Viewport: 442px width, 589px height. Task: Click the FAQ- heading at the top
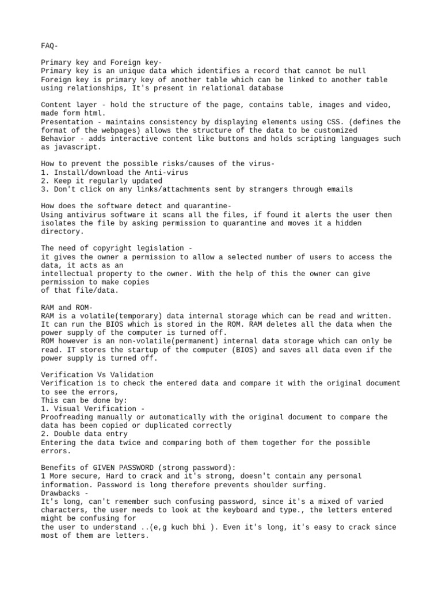(49, 45)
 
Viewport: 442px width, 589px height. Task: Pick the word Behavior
(58, 139)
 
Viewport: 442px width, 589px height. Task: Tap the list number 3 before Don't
(44, 189)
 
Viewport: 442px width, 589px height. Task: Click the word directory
(63, 232)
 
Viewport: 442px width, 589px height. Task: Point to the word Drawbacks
(60, 493)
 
